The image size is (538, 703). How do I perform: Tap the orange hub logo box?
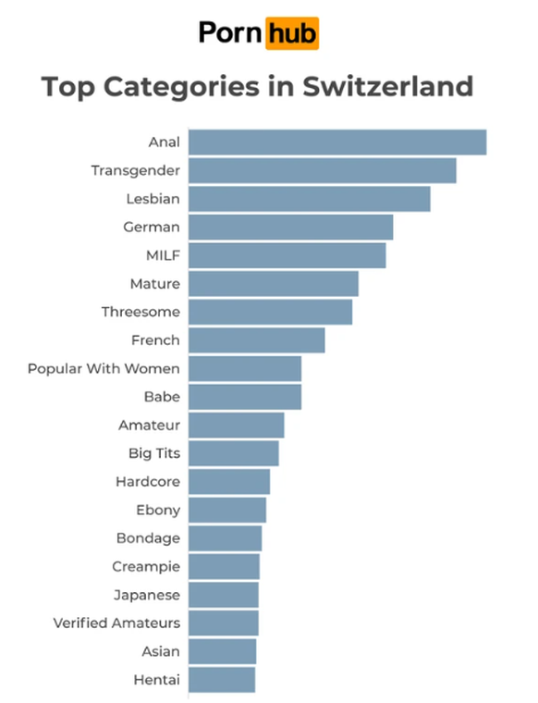[x=292, y=33]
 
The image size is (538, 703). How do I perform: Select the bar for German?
[x=290, y=227]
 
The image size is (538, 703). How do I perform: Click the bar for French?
[x=256, y=340]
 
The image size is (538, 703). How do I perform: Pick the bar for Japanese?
[x=223, y=595]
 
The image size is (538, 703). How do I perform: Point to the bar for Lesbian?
[x=309, y=199]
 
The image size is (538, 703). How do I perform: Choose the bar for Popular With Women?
[x=245, y=369]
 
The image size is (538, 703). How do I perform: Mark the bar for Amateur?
[x=236, y=425]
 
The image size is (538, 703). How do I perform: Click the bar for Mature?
[x=273, y=284]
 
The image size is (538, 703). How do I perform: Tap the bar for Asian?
[x=222, y=651]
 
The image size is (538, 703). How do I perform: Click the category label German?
[x=152, y=227]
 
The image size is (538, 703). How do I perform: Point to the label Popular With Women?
[x=104, y=369]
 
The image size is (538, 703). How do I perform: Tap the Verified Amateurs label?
[x=116, y=623]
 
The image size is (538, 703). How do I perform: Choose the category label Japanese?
[x=147, y=595]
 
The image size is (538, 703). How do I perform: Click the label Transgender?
[x=135, y=170]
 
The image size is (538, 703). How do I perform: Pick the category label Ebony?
[x=158, y=510]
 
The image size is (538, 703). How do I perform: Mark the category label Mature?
[x=155, y=284]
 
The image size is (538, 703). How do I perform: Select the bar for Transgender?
[x=322, y=170]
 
